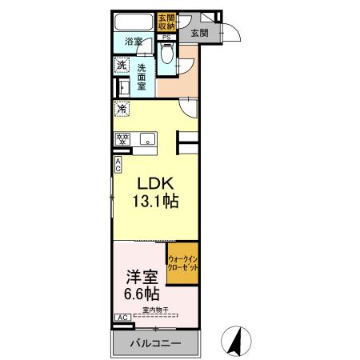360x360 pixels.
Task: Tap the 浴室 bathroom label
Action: (134, 42)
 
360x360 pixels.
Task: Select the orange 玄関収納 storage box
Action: (166, 22)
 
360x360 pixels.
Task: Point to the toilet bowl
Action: (166, 55)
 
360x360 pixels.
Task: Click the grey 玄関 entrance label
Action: (199, 34)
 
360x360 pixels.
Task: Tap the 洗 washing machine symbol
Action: (122, 65)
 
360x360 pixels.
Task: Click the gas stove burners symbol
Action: (124, 138)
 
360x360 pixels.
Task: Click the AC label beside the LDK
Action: (118, 165)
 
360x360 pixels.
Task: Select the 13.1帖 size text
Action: (150, 202)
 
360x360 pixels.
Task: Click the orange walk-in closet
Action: (182, 263)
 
